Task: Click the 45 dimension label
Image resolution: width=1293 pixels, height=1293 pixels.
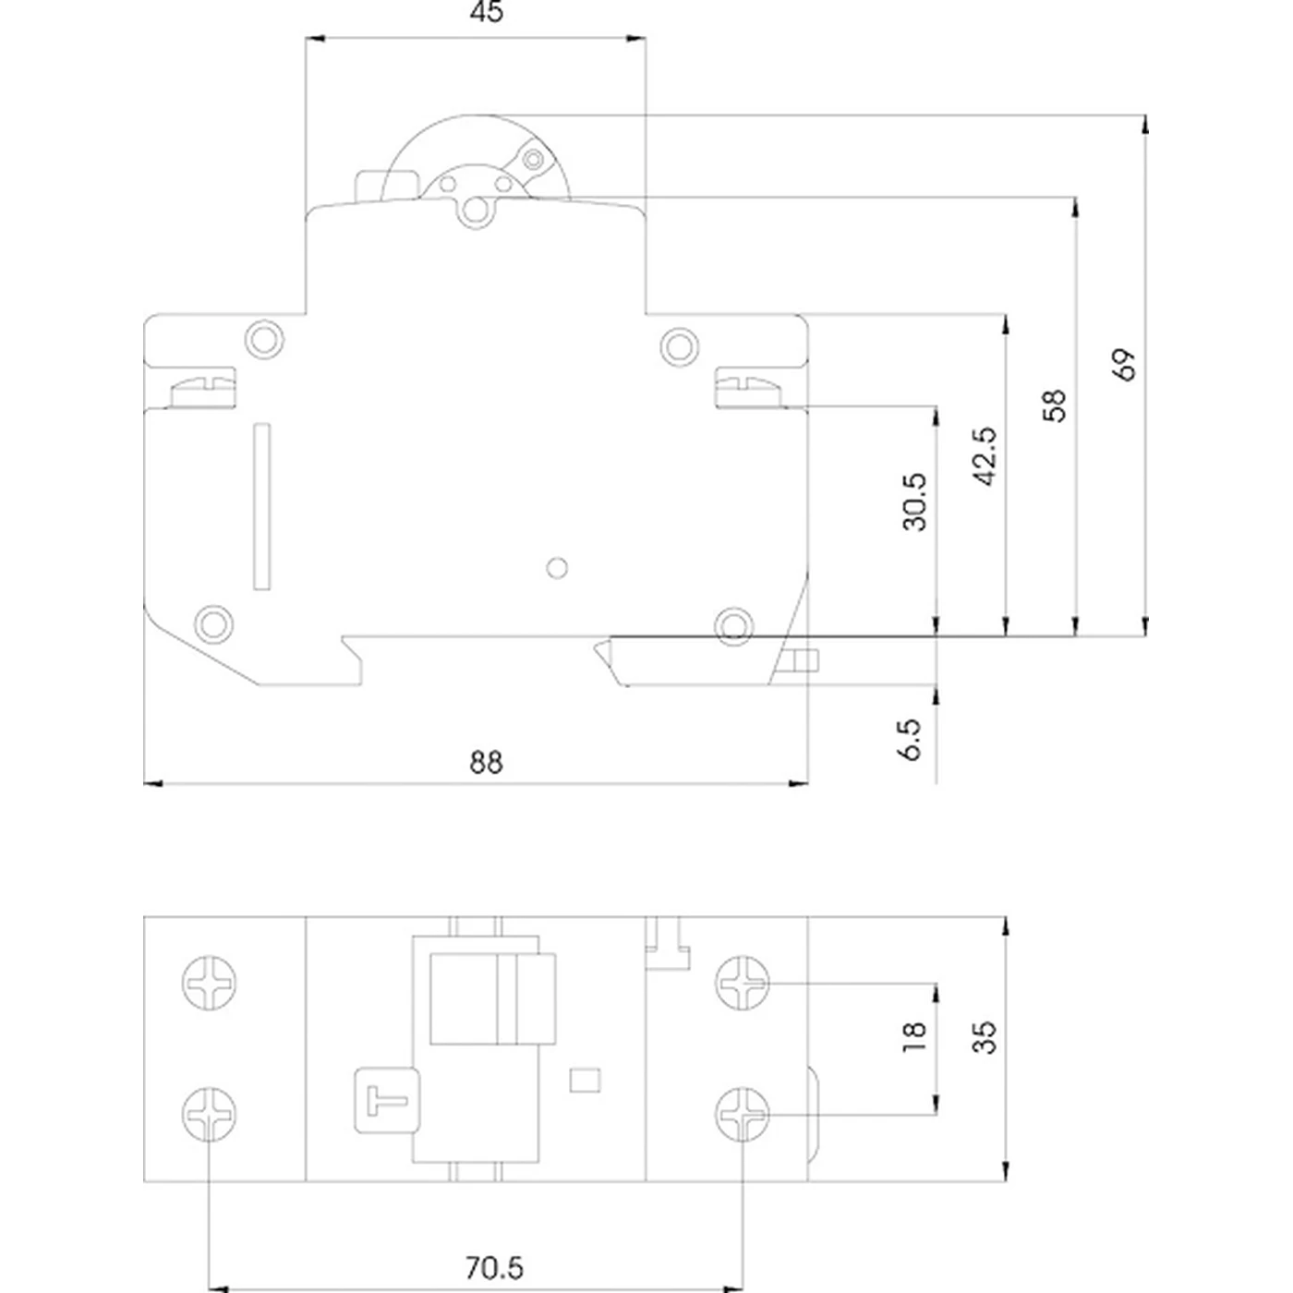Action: tap(487, 13)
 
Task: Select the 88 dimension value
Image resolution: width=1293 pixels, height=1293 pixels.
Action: tap(487, 763)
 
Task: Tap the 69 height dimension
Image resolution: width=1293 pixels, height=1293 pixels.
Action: tap(1124, 365)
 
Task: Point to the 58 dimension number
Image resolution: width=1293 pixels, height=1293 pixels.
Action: tap(1054, 405)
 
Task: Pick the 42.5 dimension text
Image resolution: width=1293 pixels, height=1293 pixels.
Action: tap(985, 456)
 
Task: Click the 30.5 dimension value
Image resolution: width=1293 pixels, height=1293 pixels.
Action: tap(914, 502)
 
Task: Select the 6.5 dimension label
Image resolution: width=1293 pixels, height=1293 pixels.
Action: tap(911, 739)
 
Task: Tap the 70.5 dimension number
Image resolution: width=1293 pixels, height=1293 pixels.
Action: tap(493, 1268)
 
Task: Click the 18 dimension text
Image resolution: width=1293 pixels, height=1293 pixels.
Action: tap(913, 1036)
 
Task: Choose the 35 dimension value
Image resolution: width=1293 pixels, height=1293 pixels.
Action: tap(985, 1036)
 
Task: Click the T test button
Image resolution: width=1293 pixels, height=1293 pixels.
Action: tap(387, 1100)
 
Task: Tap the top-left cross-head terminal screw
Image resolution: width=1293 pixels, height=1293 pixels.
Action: tap(210, 983)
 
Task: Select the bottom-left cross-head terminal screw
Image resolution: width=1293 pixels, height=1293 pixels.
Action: tap(210, 1114)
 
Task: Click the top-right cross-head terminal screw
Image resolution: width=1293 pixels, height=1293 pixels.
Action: tap(743, 983)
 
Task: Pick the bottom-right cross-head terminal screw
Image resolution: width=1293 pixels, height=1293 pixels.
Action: tap(743, 1114)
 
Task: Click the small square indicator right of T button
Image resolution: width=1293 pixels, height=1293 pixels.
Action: tap(586, 1080)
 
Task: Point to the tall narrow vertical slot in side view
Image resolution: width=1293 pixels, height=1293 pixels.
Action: tap(263, 506)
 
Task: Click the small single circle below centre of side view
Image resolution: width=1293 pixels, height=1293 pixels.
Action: tap(557, 567)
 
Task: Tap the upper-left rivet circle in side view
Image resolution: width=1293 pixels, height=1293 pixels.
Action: tap(264, 339)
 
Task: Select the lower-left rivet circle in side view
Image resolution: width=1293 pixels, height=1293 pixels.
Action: tap(213, 623)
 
